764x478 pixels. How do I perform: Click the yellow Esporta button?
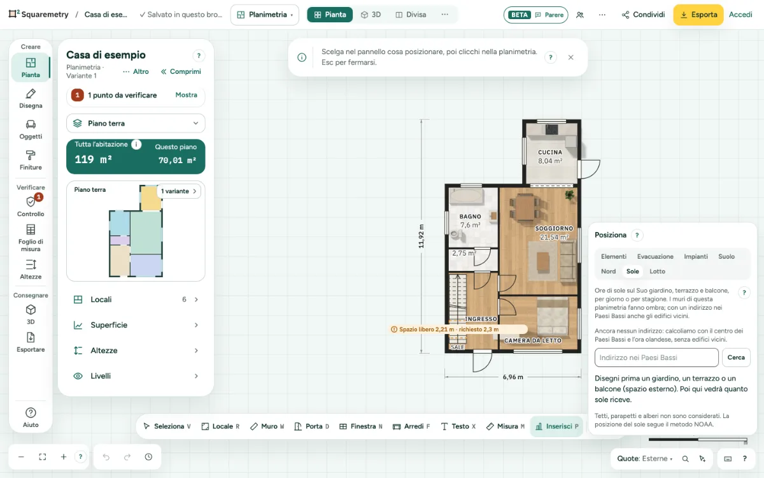coord(698,15)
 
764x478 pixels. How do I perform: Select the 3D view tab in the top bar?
coord(371,15)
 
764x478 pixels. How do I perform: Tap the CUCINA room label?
coord(550,152)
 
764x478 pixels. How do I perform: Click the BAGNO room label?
coord(470,217)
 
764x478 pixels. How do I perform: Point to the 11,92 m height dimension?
coord(421,236)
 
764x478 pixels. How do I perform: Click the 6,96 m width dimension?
coord(513,377)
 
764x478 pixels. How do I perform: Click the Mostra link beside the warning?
coord(186,95)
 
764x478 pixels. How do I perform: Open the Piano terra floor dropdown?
coord(136,123)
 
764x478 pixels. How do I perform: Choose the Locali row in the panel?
coord(136,300)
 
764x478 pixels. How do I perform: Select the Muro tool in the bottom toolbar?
coord(267,426)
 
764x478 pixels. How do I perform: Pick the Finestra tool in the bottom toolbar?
coord(361,426)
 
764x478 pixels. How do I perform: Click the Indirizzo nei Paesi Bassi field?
coord(656,358)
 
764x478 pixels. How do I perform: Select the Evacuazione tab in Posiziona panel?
coord(655,256)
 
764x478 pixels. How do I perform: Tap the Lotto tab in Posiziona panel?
coord(657,271)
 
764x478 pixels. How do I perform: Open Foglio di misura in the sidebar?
coord(31,238)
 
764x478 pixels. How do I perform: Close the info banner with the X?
coord(571,57)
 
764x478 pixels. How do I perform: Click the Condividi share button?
coord(643,15)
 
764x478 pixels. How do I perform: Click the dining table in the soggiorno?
coord(525,207)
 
